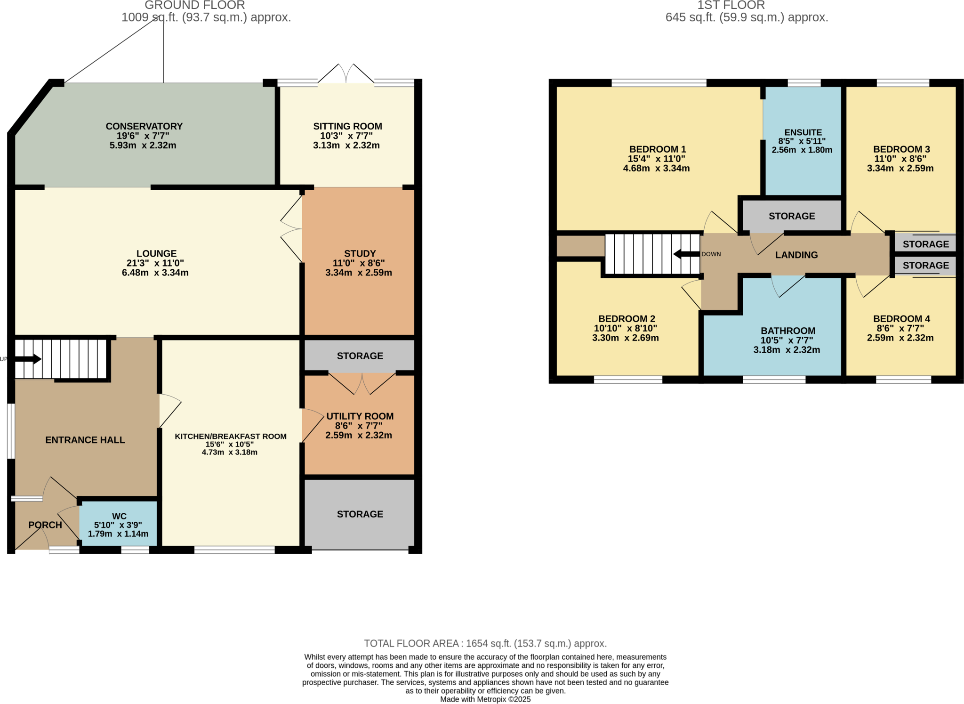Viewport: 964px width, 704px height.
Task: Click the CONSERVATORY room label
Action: (144, 126)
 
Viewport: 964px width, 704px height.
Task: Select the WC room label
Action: (119, 516)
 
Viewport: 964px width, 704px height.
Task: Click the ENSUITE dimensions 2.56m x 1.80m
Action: (802, 150)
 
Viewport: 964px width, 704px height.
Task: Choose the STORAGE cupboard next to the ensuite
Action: (792, 216)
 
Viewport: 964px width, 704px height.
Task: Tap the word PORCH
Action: (45, 525)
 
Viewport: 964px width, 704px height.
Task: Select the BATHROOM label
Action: (788, 331)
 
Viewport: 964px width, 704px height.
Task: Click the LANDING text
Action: (796, 255)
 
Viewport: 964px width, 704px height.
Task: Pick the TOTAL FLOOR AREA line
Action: (485, 643)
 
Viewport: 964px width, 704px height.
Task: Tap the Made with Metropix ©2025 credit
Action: (485, 699)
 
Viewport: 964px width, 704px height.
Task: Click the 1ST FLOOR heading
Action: (731, 6)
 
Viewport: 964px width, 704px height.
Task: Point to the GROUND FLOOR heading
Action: (194, 6)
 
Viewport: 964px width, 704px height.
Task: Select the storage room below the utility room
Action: (360, 514)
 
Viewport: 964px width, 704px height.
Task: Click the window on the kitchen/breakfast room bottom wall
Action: (234, 550)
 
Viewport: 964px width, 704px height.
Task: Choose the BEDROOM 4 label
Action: (901, 319)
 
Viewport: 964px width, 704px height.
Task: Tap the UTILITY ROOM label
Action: (360, 416)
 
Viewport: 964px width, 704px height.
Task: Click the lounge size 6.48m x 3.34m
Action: (155, 273)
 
